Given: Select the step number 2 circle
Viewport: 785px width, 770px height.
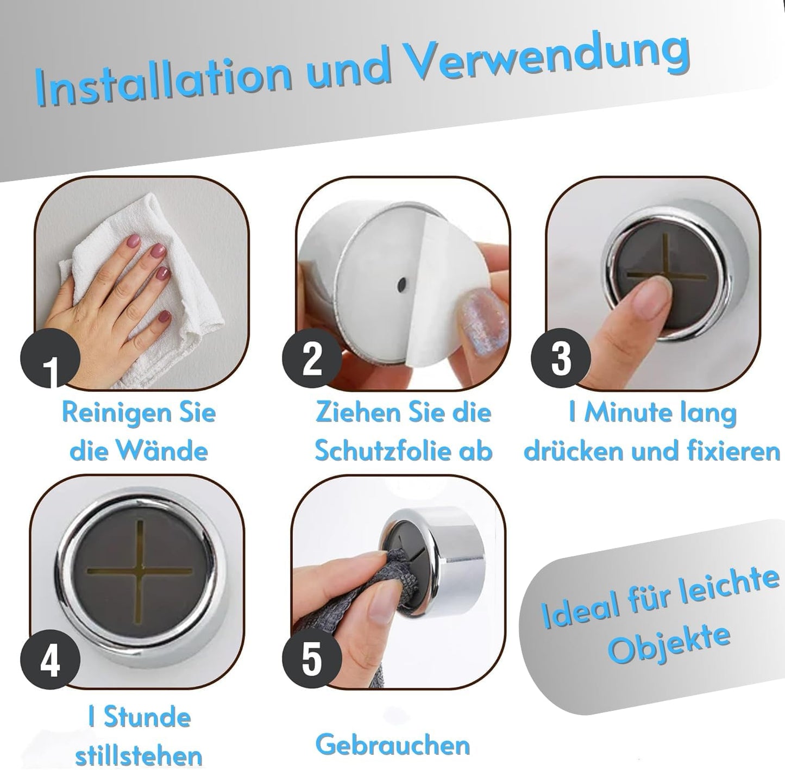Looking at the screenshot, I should pos(312,359).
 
